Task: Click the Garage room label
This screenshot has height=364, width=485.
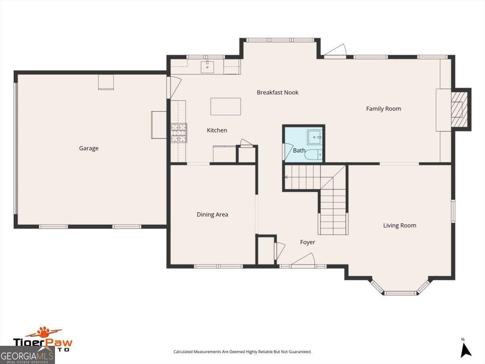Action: [89, 148]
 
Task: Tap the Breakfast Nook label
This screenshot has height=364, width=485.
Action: [278, 92]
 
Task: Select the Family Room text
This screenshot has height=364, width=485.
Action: [383, 108]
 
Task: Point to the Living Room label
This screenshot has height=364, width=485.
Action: [399, 225]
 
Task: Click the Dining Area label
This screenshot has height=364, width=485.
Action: [212, 214]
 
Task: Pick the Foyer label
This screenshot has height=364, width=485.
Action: [307, 242]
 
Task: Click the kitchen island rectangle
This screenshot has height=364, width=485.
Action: [226, 106]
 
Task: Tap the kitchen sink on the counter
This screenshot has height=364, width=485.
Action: [207, 67]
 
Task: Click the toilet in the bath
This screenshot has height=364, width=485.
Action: [313, 155]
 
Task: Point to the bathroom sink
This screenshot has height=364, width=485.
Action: [314, 138]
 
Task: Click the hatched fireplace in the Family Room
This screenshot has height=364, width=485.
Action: [459, 109]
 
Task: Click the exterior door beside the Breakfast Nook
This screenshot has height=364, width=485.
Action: [335, 51]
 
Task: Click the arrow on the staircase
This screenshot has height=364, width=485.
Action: [287, 177]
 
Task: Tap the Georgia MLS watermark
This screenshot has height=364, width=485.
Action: [27, 356]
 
